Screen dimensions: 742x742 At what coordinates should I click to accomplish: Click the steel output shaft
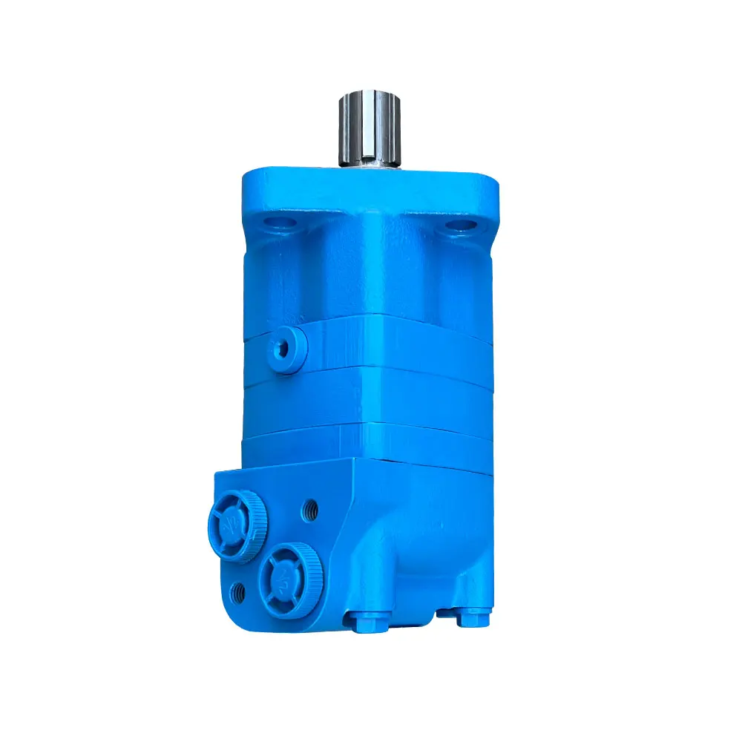[370, 130]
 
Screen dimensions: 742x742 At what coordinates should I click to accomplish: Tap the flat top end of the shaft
[370, 94]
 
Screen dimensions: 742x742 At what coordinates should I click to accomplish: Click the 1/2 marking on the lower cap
[286, 580]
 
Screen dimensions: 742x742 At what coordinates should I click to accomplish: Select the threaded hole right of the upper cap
[310, 509]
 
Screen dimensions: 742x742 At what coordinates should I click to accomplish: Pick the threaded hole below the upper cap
[238, 591]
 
